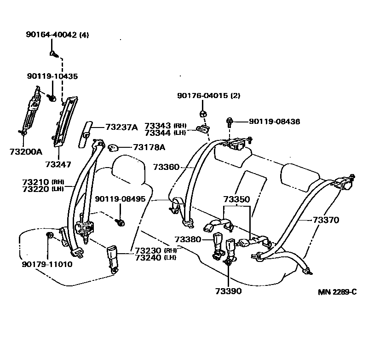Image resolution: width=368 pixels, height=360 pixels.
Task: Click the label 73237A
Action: [x=121, y=127]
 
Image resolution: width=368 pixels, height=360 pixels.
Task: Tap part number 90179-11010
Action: [x=47, y=265]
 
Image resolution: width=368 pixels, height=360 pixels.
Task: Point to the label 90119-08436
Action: [x=274, y=122]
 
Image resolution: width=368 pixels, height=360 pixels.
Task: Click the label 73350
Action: [x=236, y=199]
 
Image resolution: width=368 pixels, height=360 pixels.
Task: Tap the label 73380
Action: [x=187, y=239]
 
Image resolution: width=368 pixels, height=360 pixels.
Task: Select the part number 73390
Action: [x=228, y=291]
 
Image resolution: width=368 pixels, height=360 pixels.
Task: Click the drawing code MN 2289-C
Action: [x=337, y=292]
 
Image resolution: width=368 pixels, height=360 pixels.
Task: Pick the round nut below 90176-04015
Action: [x=202, y=113]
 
